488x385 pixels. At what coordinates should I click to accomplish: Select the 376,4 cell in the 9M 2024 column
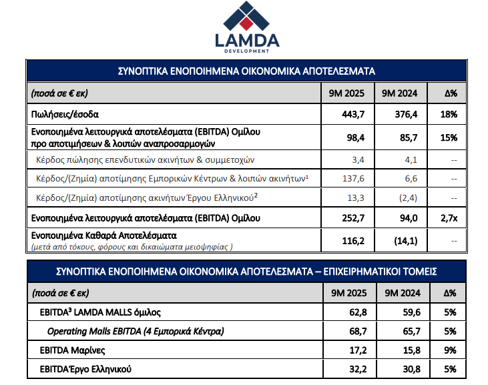pos(398,115)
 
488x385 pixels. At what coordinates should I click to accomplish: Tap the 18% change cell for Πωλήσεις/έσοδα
pos(449,115)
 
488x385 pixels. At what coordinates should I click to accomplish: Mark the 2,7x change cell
pos(449,218)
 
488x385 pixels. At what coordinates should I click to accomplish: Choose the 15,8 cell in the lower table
pos(401,350)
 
